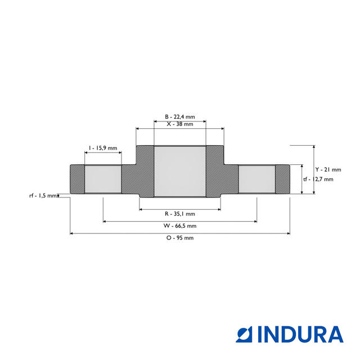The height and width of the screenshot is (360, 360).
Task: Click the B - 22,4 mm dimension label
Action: tap(180, 116)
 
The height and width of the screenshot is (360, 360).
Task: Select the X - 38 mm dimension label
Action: tap(180, 124)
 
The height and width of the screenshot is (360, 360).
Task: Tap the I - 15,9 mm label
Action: tap(102, 148)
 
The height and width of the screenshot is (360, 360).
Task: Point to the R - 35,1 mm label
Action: tap(180, 214)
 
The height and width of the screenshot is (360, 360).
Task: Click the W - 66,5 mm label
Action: tap(180, 226)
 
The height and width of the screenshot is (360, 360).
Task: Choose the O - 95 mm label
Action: tap(180, 238)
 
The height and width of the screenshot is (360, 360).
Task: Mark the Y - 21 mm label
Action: tap(328, 169)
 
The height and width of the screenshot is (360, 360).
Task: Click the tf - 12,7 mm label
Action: tap(318, 179)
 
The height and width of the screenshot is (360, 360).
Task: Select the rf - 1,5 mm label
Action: tap(43, 196)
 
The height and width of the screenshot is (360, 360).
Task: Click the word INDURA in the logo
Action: tap(301, 334)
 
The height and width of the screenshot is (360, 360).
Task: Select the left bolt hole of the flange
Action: tap(102, 179)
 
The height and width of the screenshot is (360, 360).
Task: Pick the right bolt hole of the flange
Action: tap(256, 179)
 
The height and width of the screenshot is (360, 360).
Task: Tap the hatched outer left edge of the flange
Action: tap(76, 179)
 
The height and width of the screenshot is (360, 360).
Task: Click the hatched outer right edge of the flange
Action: tap(282, 179)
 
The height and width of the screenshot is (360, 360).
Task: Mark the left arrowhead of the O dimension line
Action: tap(72, 233)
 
